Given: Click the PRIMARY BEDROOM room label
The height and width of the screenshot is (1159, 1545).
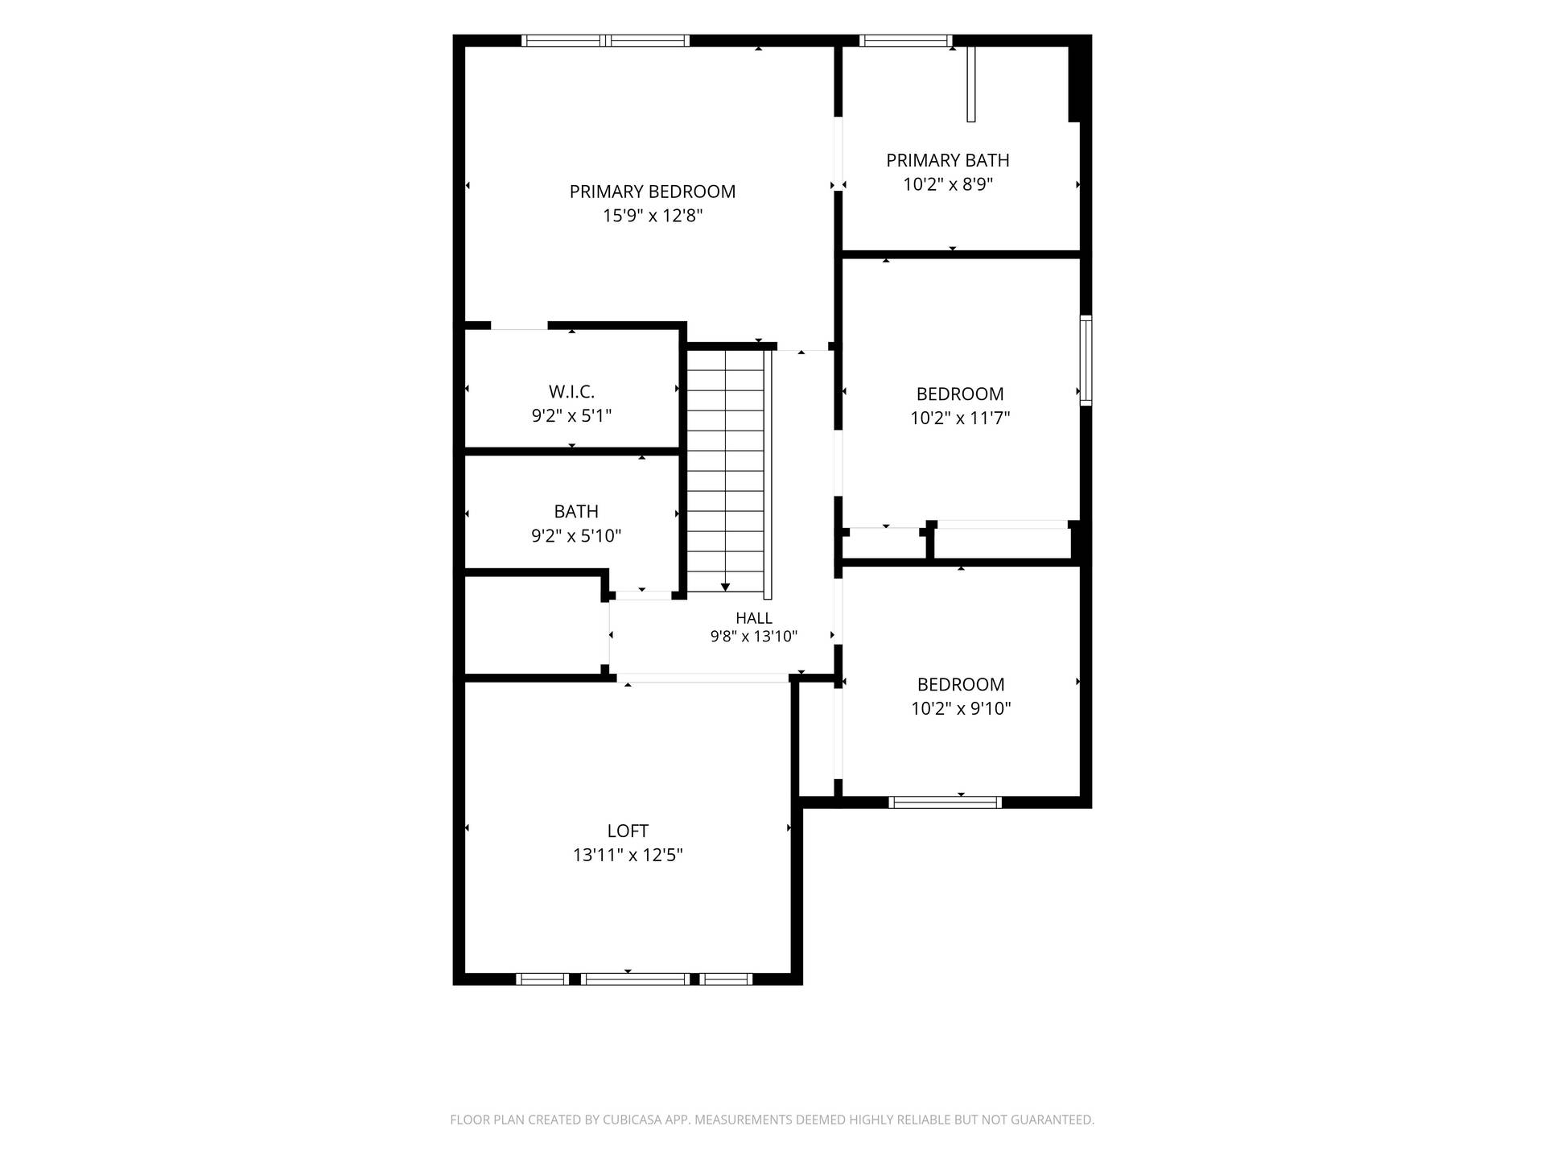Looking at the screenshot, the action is pyautogui.click(x=653, y=192).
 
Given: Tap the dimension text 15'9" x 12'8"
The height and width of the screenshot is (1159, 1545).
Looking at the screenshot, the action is pyautogui.click(x=653, y=216).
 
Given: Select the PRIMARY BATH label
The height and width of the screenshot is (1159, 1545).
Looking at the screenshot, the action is pyautogui.click(x=948, y=160).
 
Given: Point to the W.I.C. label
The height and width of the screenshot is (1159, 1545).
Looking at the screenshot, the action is pyautogui.click(x=572, y=392).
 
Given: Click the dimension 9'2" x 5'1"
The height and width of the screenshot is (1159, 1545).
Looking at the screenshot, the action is pyautogui.click(x=572, y=416).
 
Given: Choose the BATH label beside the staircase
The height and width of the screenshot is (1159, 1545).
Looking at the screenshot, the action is pyautogui.click(x=576, y=511).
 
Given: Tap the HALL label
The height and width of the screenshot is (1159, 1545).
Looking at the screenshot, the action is pyautogui.click(x=754, y=618).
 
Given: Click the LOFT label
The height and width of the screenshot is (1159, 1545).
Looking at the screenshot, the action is pyautogui.click(x=628, y=831).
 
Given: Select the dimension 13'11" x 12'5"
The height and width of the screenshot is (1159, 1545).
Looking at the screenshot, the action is pyautogui.click(x=628, y=855).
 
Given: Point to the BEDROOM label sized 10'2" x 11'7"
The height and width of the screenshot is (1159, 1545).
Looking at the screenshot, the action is pyautogui.click(x=960, y=394).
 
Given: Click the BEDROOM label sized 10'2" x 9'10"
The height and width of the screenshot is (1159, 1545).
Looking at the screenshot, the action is pyautogui.click(x=961, y=684).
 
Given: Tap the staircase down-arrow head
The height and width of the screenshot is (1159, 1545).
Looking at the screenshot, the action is pyautogui.click(x=725, y=588).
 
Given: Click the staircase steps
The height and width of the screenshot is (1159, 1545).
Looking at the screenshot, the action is pyautogui.click(x=725, y=471).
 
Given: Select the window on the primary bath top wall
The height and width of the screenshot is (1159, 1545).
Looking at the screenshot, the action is pyautogui.click(x=906, y=40).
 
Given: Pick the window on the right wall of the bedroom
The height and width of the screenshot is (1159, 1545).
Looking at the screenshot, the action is pyautogui.click(x=1086, y=360).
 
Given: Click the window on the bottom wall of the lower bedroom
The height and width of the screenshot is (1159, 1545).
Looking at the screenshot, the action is pyautogui.click(x=946, y=802).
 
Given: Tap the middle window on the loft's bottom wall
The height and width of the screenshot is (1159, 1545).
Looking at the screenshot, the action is pyautogui.click(x=636, y=979).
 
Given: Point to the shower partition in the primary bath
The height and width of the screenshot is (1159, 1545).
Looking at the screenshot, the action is pyautogui.click(x=971, y=84).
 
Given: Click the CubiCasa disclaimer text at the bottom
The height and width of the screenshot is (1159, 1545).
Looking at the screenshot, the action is pyautogui.click(x=772, y=1120).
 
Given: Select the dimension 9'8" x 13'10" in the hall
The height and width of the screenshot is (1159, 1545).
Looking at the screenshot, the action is pyautogui.click(x=754, y=637).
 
